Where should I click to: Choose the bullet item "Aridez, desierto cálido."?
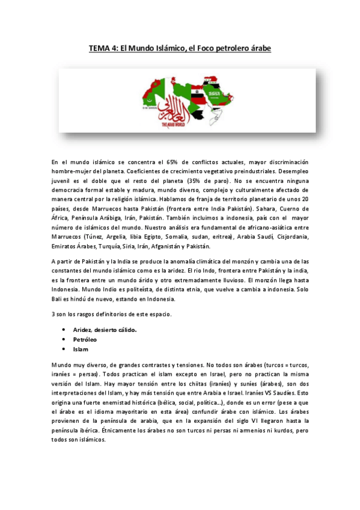pos(105,330)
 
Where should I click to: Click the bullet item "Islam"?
pos(81,349)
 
